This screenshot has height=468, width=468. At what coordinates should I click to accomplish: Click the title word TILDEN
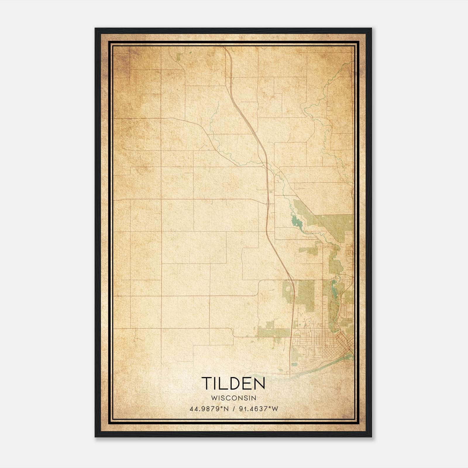point(233,383)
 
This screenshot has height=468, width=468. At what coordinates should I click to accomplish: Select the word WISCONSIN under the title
point(233,398)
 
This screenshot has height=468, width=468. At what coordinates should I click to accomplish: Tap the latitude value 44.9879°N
point(209,409)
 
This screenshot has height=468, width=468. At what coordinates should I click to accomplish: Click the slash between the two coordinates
point(233,409)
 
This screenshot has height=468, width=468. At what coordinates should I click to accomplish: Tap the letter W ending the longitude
point(275,409)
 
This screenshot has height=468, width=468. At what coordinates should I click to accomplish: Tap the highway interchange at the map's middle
point(268,202)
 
